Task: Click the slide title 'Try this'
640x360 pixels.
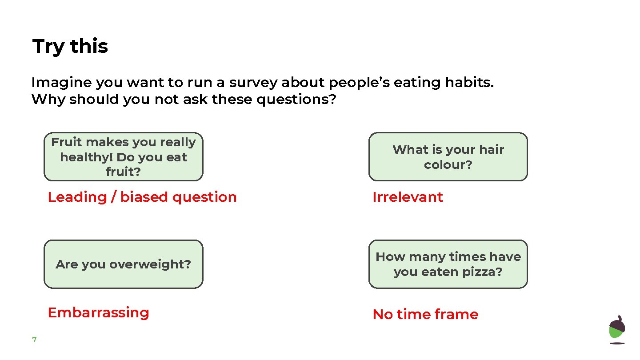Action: (x=70, y=46)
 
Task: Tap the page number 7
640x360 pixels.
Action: (x=34, y=340)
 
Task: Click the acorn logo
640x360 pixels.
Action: (x=616, y=329)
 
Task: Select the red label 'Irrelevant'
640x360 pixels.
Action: (x=408, y=197)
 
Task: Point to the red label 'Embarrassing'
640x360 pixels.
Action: (x=98, y=312)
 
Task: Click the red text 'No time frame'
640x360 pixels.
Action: (x=425, y=314)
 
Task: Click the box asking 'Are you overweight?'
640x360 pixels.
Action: (x=123, y=264)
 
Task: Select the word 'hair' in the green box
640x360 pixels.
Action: (x=492, y=149)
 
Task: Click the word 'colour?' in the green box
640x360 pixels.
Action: (x=448, y=165)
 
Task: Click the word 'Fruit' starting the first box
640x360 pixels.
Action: (x=67, y=142)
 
